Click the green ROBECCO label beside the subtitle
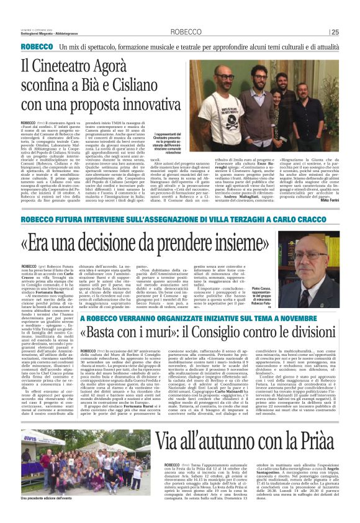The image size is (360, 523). (x=54, y=47)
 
